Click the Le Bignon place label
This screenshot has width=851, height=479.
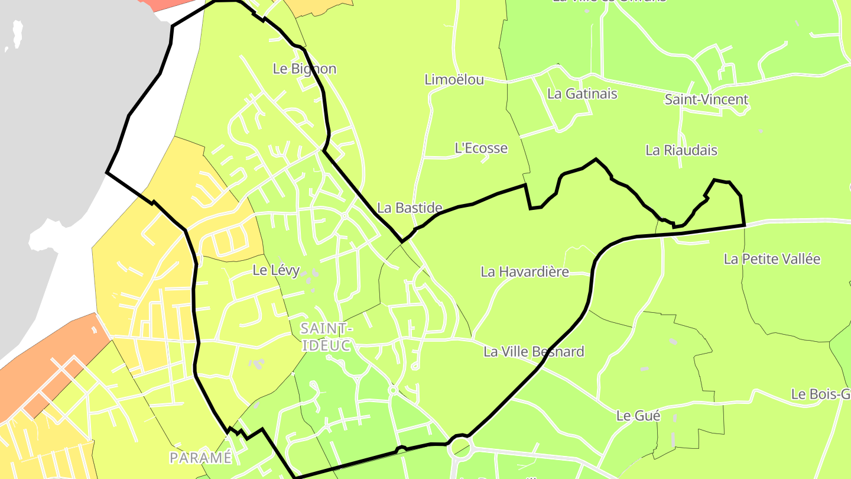coord(304,69)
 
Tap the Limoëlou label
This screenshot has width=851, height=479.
coord(454,79)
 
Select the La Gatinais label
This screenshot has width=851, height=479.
coord(582,93)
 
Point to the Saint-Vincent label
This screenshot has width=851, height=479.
coord(706,99)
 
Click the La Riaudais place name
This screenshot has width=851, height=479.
coord(681,150)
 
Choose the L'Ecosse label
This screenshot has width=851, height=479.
coord(481,148)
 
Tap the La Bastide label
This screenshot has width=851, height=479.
coord(410,208)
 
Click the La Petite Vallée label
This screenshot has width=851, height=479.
coord(772,258)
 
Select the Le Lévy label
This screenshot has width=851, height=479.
coord(276,270)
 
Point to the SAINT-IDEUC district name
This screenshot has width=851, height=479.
coord(327,336)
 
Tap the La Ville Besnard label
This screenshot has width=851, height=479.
coord(534,351)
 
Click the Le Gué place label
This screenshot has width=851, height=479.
coord(638,416)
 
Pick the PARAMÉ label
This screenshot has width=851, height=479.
coord(200,458)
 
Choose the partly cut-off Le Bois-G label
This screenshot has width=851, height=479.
coord(821,394)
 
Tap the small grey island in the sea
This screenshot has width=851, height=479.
coord(17,34)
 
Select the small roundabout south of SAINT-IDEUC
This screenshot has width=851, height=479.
coord(392,390)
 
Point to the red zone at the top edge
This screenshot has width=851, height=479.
coord(163,4)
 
